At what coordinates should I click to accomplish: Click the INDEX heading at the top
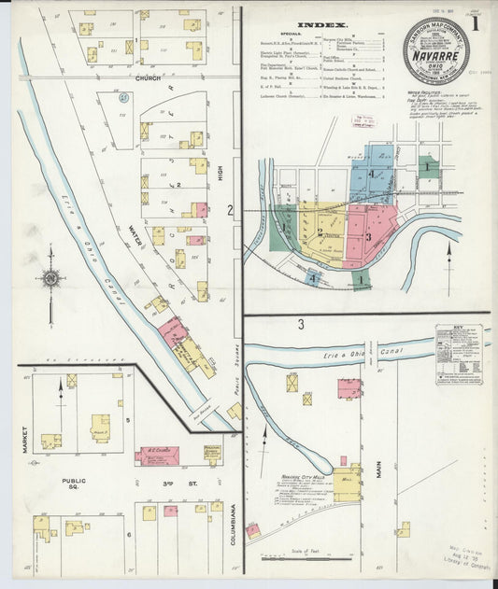[x=323, y=25]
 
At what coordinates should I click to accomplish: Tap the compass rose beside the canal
[x=50, y=278]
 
